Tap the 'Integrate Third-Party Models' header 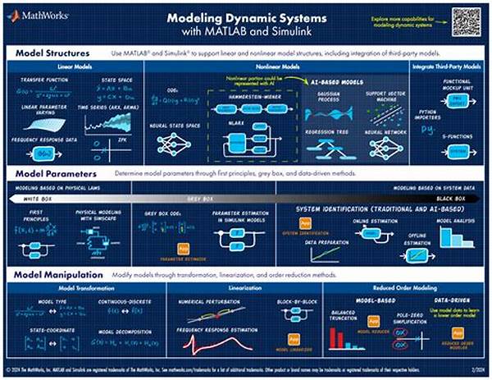click(x=449, y=66)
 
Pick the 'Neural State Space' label click(x=172, y=124)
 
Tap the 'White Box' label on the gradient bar click(x=33, y=198)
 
